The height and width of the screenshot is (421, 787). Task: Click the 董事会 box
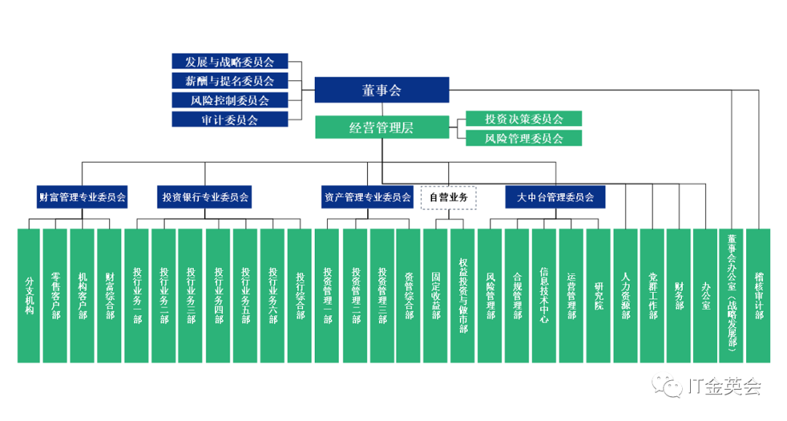click(x=381, y=90)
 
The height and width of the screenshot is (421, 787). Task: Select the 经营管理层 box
click(x=381, y=127)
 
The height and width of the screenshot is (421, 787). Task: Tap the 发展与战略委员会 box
click(x=230, y=61)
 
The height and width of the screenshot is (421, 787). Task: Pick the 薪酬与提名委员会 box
click(x=230, y=81)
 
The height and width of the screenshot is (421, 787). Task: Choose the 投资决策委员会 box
click(x=523, y=119)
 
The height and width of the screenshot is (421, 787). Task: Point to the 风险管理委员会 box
click(x=523, y=138)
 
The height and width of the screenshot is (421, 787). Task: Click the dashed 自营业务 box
click(x=449, y=197)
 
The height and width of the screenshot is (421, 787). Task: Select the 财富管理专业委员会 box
click(x=82, y=197)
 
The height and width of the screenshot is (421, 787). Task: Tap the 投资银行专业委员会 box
click(x=205, y=197)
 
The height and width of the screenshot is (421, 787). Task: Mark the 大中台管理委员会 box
click(x=555, y=197)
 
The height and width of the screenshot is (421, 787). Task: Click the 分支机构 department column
click(x=29, y=295)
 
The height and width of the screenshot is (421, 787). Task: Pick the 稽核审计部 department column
click(x=759, y=295)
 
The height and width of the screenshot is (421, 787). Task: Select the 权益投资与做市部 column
click(x=463, y=295)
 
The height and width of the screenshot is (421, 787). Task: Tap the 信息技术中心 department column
click(x=544, y=295)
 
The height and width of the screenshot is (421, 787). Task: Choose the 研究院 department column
click(x=598, y=295)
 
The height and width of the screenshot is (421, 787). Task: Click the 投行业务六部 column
click(x=273, y=295)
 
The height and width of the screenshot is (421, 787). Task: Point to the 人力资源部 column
click(x=625, y=295)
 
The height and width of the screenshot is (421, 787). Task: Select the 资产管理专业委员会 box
click(x=366, y=197)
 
